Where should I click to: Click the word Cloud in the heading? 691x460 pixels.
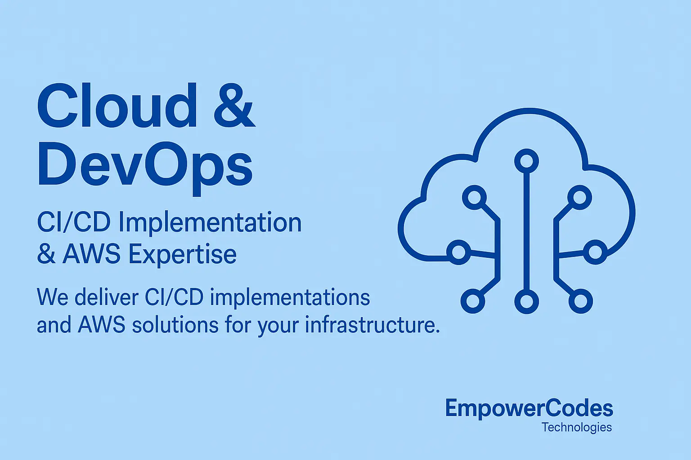[x=116, y=106]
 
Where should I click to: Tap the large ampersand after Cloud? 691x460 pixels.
[x=234, y=106]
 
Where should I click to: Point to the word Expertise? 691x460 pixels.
[x=182, y=254]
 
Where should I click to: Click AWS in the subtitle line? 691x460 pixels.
[x=91, y=254]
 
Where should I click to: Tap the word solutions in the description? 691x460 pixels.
[x=175, y=325]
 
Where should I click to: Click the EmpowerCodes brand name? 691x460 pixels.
[x=529, y=408]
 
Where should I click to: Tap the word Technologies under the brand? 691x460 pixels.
[x=577, y=427]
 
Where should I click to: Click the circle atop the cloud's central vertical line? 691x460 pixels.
[x=526, y=161]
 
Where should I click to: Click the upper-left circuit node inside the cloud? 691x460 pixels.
[x=474, y=197]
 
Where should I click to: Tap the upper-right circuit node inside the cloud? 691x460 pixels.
[x=579, y=197]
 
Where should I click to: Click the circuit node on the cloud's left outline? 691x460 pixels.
[x=458, y=252]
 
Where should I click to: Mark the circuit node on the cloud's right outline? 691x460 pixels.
[x=595, y=252]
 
